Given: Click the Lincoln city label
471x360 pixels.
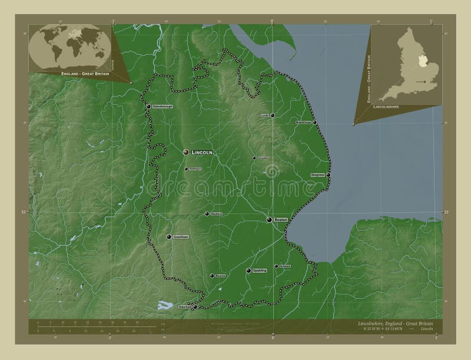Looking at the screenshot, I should coord(201,152).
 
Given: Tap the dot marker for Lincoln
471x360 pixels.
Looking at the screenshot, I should coord(186,152).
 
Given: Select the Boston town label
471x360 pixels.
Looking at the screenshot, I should coord(280,219).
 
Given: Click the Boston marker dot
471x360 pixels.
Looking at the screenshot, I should coord(268,219).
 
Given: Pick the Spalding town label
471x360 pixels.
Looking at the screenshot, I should coord(260,271).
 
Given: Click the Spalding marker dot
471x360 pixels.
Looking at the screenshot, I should coord(248,271).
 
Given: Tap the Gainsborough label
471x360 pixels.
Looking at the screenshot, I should coord(162,107).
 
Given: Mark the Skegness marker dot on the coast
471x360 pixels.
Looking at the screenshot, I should coord(329,175).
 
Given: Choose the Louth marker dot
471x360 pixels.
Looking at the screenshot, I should coord(273,115).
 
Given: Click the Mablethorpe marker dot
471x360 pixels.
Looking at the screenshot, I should coord(314,122).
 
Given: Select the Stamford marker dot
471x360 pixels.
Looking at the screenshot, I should coord(195,306).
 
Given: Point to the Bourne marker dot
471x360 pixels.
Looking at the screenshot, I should coord(212,275).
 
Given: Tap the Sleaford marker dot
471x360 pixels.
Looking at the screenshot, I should coord(207,214).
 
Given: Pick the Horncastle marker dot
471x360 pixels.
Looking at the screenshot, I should coord(254,158).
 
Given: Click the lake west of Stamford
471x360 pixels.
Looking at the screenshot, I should coord(164,305).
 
